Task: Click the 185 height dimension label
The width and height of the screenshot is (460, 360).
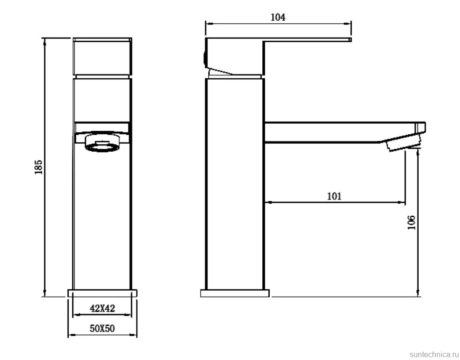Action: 39,167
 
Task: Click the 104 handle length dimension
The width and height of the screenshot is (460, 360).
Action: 277,17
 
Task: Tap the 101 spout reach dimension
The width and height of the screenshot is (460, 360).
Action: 334,196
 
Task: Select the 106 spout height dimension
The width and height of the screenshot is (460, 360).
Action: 412,222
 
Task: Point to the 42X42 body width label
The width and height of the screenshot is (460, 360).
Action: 102,308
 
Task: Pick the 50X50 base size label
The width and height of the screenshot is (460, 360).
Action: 102,328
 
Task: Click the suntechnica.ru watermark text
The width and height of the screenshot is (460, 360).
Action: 434,354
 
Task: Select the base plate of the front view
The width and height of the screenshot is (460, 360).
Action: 102,293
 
